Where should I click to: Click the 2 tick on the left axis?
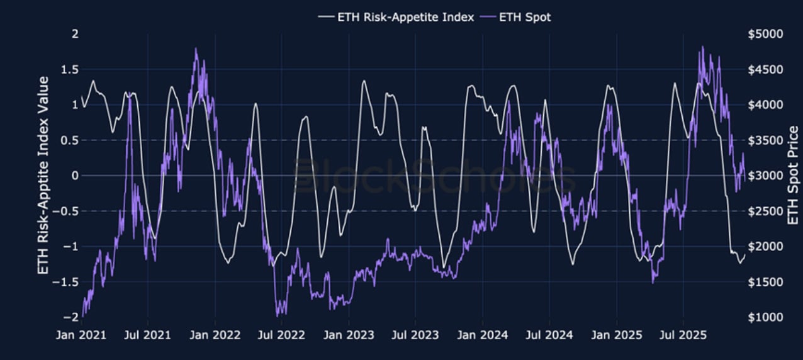[75, 33]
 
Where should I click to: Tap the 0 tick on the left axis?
[75, 176]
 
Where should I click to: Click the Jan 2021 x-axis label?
[82, 335]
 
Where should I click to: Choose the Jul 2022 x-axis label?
[281, 335]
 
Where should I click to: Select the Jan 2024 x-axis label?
[483, 335]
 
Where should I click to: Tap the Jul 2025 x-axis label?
[683, 335]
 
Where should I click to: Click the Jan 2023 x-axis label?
[349, 335]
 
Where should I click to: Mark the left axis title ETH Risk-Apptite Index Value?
[43, 176]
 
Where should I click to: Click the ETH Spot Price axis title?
[793, 176]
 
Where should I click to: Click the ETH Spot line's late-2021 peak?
[196, 48]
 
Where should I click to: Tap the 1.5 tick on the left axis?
[69, 69]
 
